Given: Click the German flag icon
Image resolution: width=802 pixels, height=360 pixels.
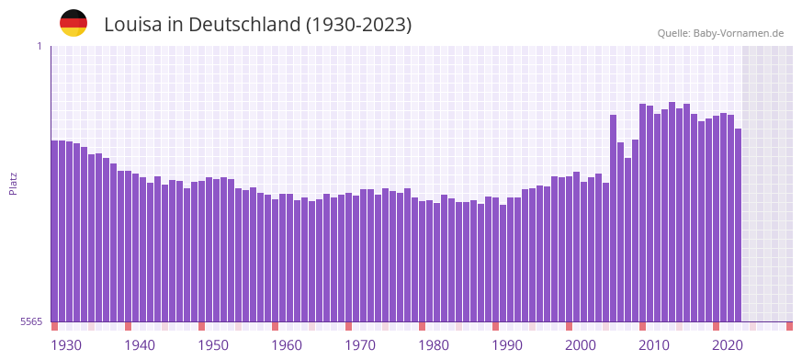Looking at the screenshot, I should (73, 23).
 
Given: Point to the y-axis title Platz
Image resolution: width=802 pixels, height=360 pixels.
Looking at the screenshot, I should (14, 184).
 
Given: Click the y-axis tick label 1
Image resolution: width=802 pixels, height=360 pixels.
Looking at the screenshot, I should (39, 46).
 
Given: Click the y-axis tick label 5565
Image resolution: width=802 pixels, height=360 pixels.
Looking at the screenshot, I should (30, 321).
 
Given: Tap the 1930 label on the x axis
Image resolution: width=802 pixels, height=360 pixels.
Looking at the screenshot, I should (66, 345).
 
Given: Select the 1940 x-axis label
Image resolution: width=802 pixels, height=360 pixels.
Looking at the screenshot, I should (140, 345).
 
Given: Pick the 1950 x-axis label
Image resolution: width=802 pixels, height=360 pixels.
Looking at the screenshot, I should (213, 345).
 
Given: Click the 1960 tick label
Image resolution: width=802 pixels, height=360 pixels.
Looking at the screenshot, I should (287, 345).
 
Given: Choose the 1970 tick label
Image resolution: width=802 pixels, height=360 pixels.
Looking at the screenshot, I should (360, 345).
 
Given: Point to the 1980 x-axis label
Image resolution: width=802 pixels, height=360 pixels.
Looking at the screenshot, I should (434, 345).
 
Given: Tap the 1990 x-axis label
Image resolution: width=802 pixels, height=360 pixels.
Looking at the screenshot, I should (507, 345).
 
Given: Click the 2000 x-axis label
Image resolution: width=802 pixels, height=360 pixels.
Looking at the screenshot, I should (581, 345).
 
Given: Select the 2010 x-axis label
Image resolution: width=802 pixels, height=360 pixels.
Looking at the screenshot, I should (654, 345).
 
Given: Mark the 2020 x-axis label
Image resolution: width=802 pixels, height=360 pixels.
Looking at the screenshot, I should (728, 345).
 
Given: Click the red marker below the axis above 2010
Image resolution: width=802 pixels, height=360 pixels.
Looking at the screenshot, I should (642, 326).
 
